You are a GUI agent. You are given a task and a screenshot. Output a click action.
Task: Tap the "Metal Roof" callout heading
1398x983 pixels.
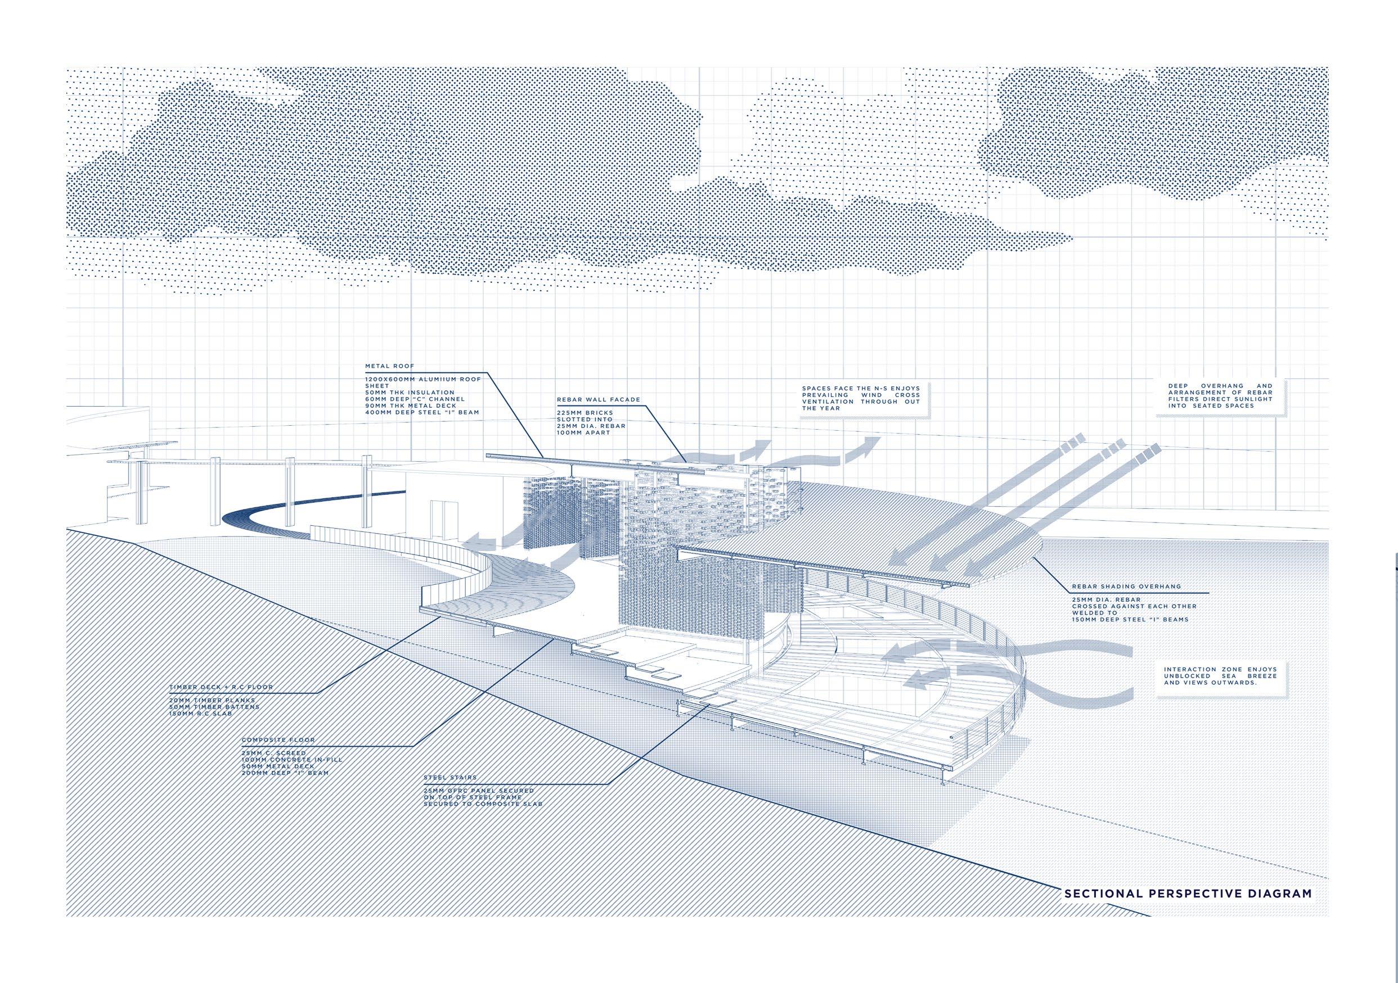[381, 367]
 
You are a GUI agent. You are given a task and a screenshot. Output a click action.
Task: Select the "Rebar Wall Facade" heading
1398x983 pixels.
[590, 400]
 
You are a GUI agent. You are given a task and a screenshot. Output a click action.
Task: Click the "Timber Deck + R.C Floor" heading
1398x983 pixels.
[221, 687]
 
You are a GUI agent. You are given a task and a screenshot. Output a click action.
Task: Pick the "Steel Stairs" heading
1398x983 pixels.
[451, 777]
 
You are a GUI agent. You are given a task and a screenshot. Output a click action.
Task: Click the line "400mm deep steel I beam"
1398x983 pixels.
[422, 412]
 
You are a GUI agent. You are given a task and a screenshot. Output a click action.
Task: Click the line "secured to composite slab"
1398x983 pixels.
[483, 804]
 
